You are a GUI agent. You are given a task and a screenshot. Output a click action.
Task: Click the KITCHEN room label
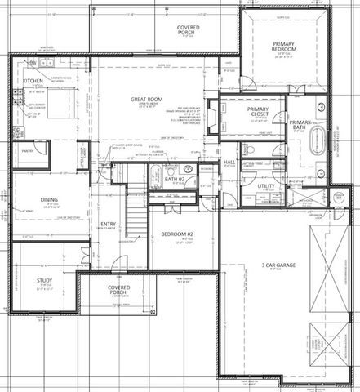pyautogui.click(x=32, y=82)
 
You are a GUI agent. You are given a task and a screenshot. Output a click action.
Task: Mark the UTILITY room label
pyautogui.click(x=266, y=186)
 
